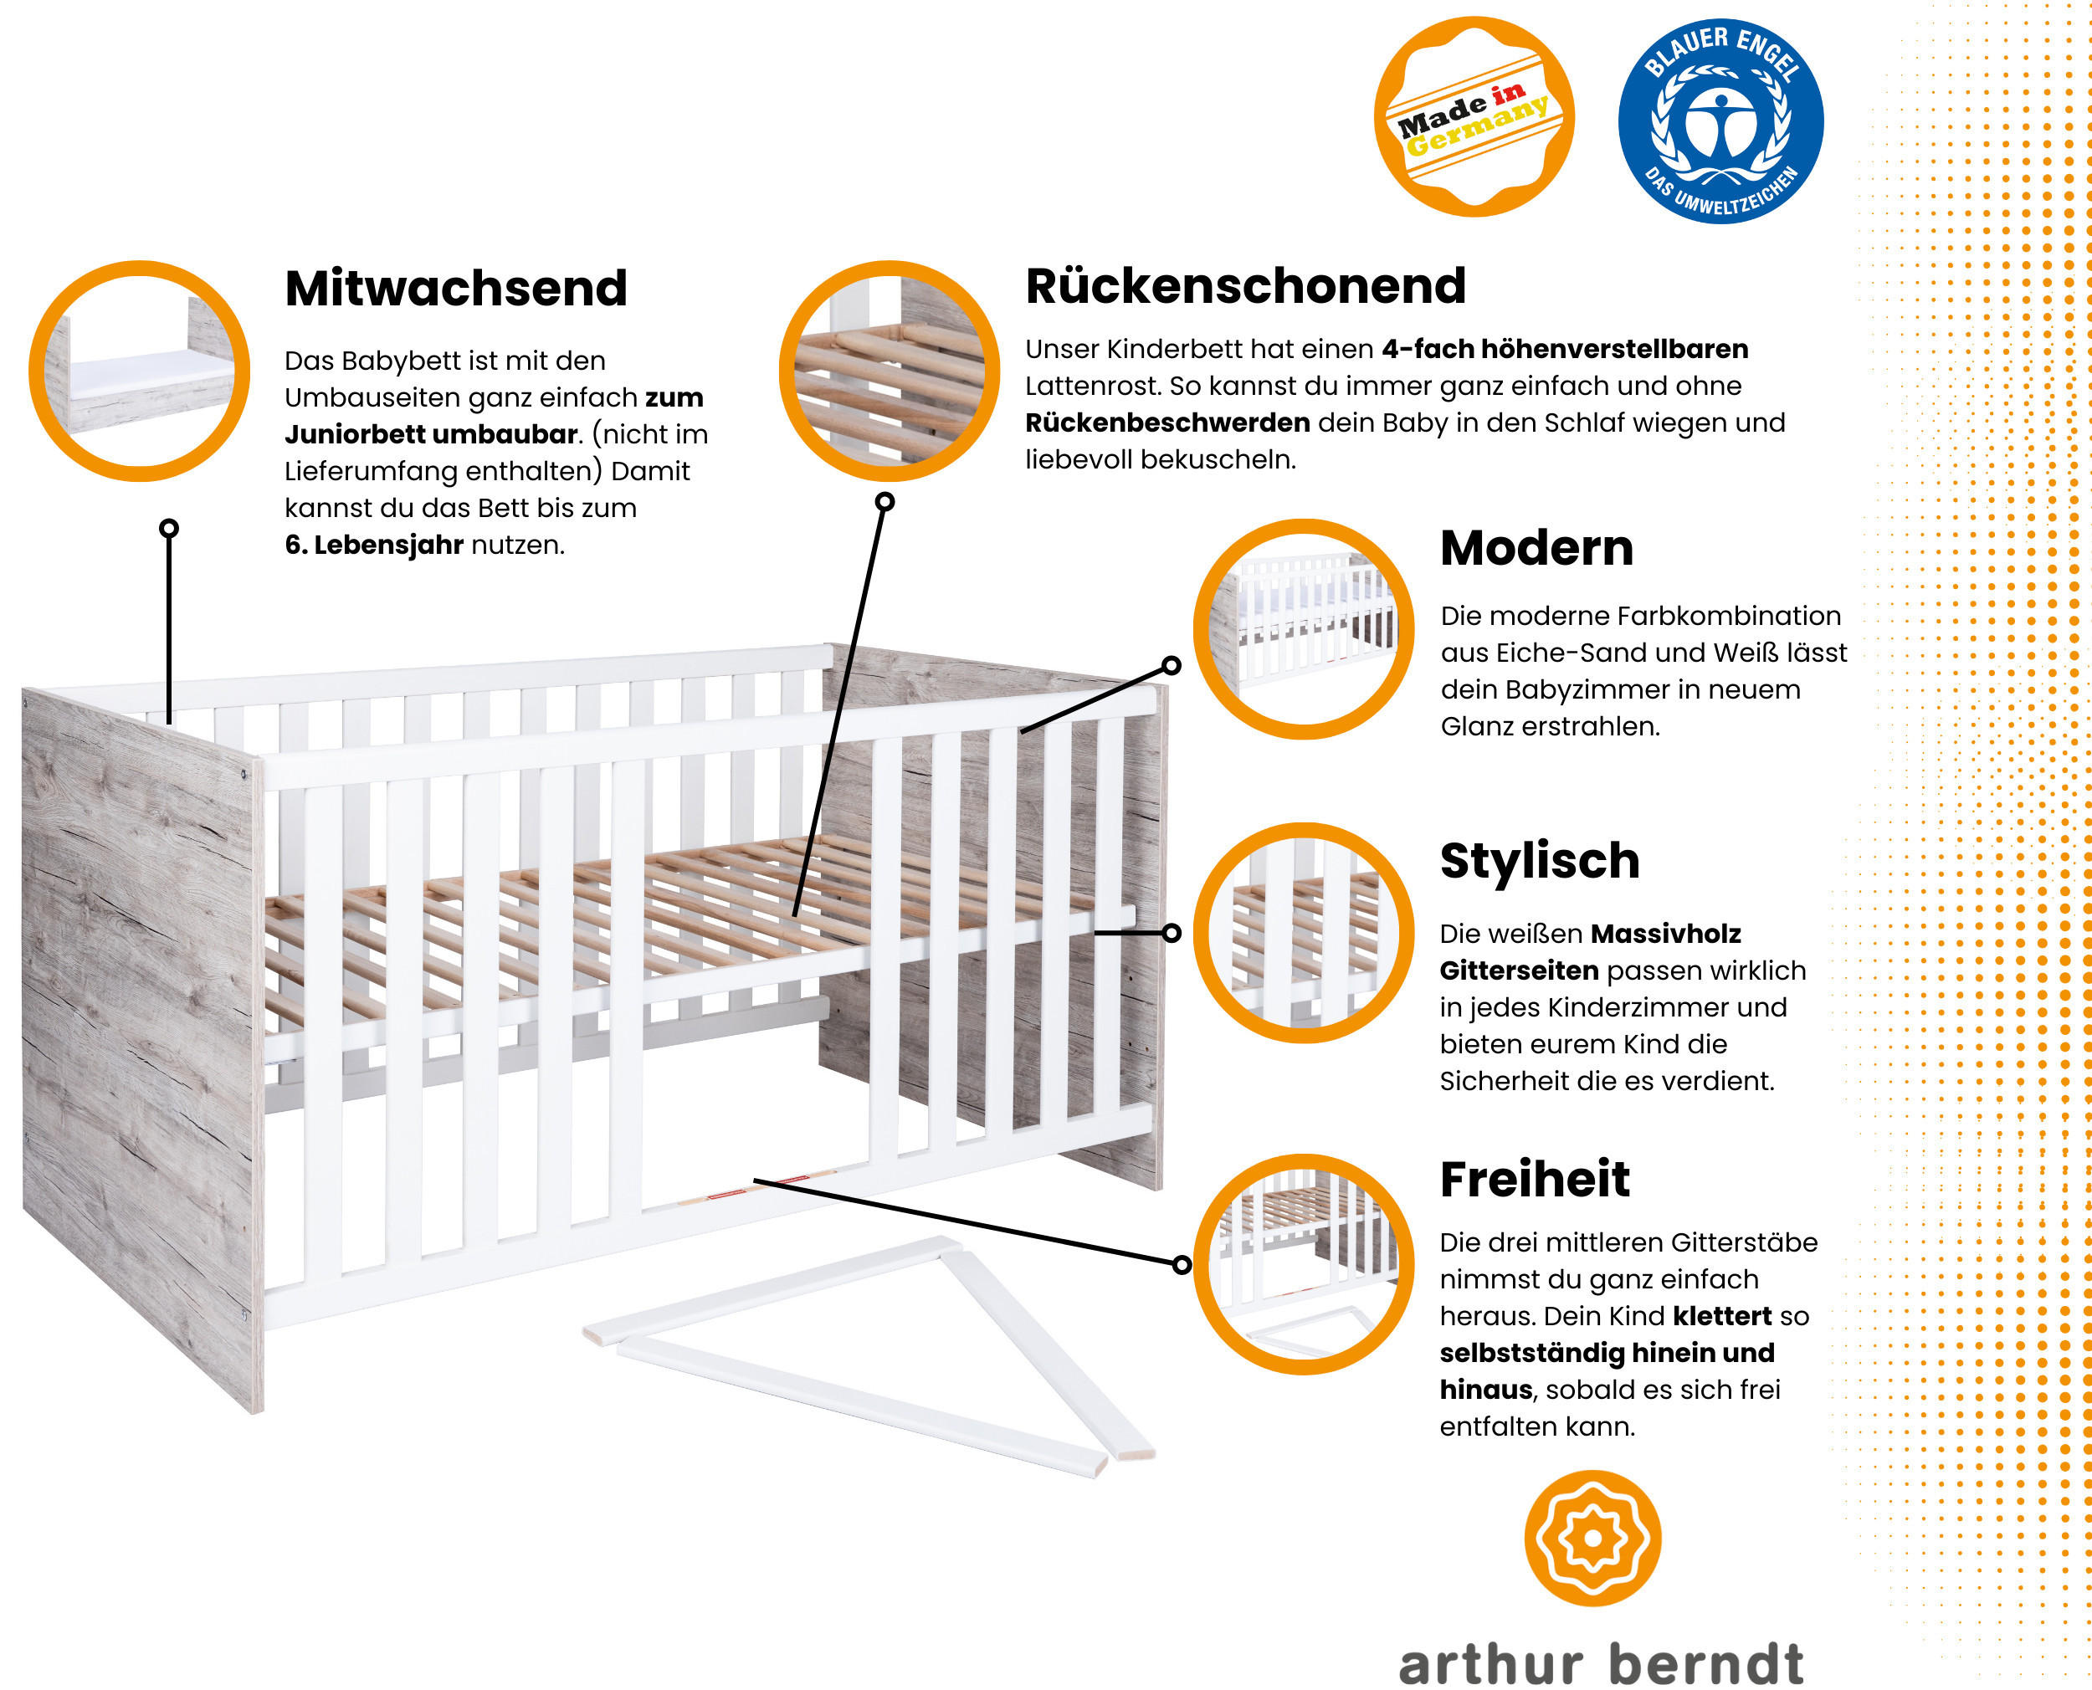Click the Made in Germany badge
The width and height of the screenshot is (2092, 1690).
pos(1474,117)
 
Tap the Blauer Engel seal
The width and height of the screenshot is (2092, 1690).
pos(1720,120)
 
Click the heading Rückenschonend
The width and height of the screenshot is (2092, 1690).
pos(1245,286)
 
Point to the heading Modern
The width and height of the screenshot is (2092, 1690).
pos(1536,548)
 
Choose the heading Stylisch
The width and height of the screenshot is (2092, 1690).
pos(1540,862)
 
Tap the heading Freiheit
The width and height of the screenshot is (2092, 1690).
pos(1534,1179)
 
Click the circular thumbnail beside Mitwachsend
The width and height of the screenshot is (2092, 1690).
pos(139,371)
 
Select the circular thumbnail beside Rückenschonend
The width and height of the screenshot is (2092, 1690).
pos(889,371)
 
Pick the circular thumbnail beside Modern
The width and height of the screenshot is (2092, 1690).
pos(1304,629)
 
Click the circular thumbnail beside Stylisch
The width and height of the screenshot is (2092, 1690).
pos(1304,933)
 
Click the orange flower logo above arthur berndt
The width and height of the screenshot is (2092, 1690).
pos(1592,1538)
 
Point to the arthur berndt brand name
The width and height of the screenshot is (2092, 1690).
pos(1602,1662)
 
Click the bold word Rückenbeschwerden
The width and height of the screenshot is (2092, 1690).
pos(1167,422)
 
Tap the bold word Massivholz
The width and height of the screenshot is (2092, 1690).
pos(1665,934)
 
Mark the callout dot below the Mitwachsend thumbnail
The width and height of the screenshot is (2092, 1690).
pos(169,529)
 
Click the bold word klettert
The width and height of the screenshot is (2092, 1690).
pos(1722,1316)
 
